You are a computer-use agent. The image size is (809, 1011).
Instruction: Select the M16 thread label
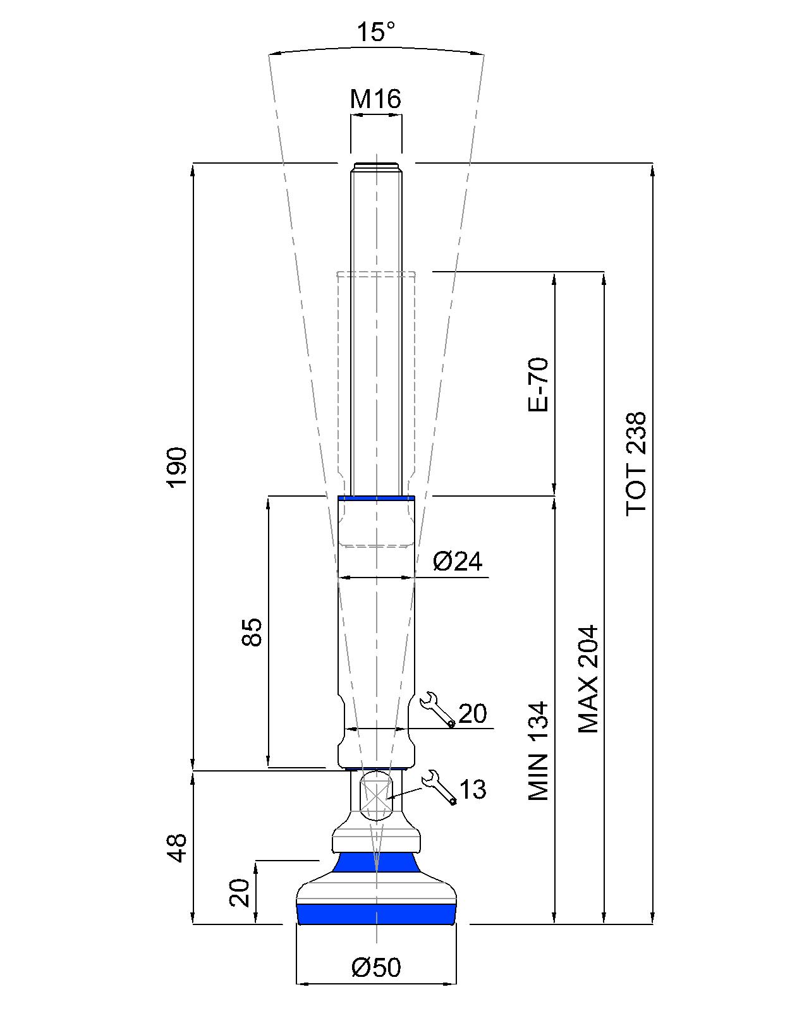click(375, 99)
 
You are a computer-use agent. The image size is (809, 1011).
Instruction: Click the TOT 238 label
click(637, 464)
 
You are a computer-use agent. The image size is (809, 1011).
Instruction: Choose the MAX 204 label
click(588, 679)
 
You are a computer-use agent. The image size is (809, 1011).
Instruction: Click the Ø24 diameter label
click(458, 561)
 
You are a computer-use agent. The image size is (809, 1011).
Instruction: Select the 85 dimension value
click(252, 632)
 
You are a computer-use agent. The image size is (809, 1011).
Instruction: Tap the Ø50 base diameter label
click(376, 967)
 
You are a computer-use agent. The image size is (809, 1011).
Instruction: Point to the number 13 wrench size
click(473, 789)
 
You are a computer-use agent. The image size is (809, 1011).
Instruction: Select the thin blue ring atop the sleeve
click(376, 498)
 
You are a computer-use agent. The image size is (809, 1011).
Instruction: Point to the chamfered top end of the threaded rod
click(376, 166)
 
